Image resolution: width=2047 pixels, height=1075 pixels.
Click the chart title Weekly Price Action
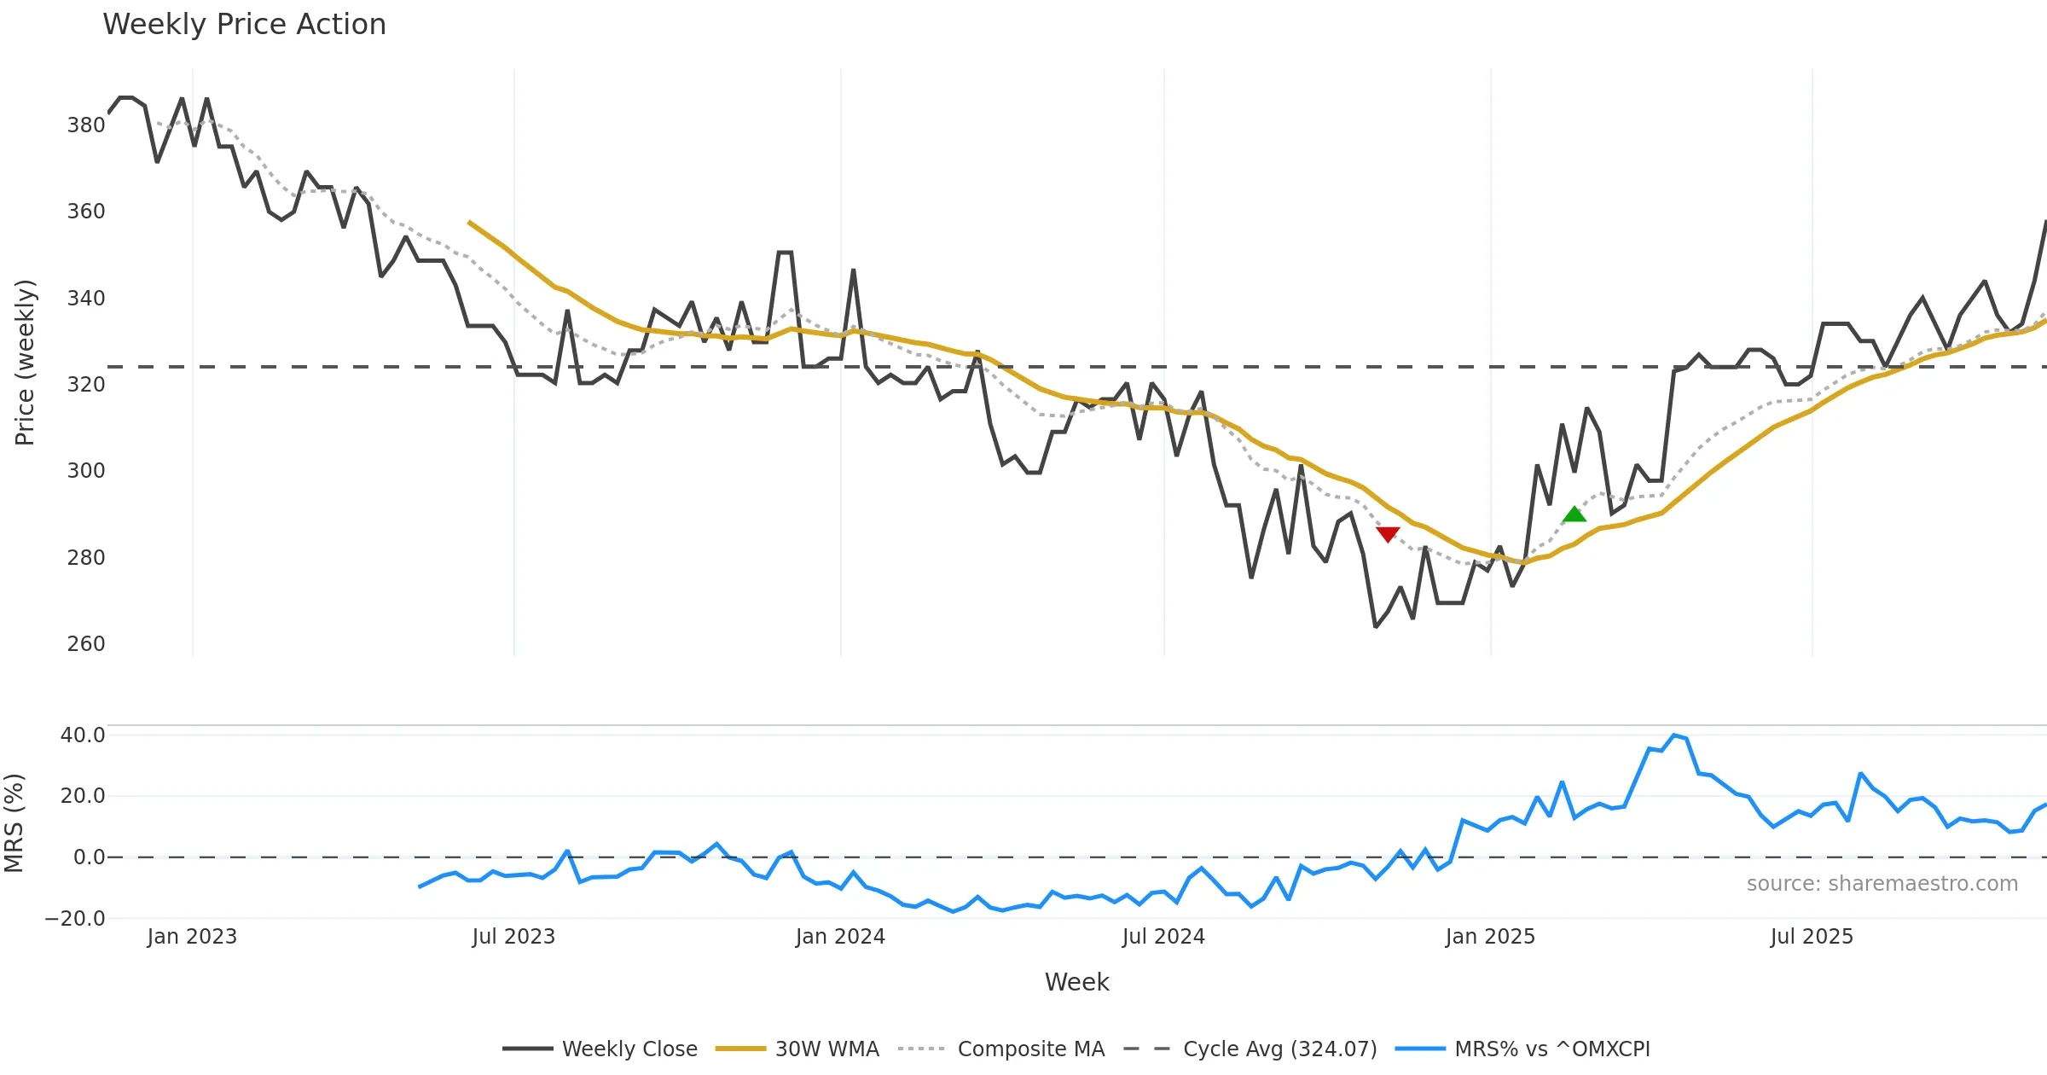(x=244, y=25)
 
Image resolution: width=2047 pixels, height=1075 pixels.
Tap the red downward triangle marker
(x=1388, y=534)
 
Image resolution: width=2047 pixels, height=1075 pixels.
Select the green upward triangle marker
(x=1574, y=514)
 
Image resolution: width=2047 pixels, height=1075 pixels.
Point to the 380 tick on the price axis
(x=86, y=125)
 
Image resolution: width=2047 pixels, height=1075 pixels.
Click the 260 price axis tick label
(x=86, y=644)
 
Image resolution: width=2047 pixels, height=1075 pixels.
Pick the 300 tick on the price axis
(x=86, y=471)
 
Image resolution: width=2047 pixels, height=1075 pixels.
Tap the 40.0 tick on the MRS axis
(x=83, y=735)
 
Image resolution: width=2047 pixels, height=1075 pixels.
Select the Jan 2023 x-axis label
(x=192, y=937)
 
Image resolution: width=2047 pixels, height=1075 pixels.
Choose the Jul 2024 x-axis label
(x=1163, y=937)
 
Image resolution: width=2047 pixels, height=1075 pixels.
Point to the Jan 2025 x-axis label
(x=1490, y=937)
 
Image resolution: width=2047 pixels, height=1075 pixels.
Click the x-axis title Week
(x=1076, y=983)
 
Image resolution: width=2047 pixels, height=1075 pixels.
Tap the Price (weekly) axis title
(x=25, y=363)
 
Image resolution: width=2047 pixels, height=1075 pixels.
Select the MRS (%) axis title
(x=14, y=823)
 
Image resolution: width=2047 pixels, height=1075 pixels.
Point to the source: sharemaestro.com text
(x=1882, y=884)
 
